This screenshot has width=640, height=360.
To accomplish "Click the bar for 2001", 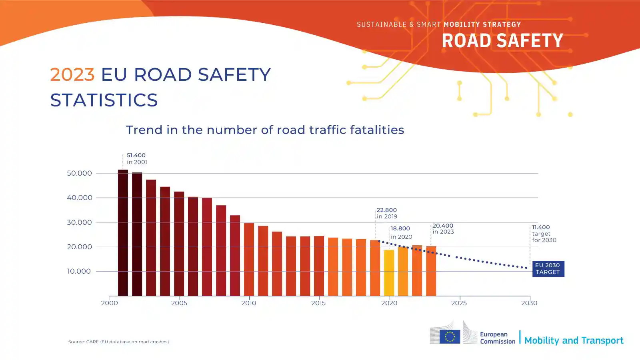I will click(123, 233).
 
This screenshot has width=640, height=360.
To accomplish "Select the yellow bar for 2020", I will click(389, 273).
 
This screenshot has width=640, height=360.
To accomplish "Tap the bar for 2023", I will click(431, 271).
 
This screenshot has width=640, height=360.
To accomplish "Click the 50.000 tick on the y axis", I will click(79, 173).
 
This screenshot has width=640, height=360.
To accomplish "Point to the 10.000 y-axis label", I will click(79, 271).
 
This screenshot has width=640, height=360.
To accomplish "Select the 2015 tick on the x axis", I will click(318, 303).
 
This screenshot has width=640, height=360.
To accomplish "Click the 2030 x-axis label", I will click(529, 303).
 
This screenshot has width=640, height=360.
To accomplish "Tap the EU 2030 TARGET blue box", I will click(548, 268).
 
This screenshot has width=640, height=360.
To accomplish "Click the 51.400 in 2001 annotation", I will click(137, 158).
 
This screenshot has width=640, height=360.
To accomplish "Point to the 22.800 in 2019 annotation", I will click(387, 213).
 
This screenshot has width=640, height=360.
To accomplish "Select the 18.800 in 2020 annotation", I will click(401, 232).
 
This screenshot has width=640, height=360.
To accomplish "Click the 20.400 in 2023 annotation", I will click(443, 228).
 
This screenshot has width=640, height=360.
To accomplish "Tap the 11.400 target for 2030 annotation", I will click(544, 234).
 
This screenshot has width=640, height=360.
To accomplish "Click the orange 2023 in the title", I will click(72, 74).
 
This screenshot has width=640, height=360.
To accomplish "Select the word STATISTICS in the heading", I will click(104, 100).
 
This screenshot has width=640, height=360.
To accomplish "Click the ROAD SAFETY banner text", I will click(502, 41).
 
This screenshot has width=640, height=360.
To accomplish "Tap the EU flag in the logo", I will click(450, 336).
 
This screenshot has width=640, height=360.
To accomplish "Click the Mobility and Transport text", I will click(574, 340).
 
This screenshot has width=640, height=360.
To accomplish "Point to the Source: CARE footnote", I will click(118, 342).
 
